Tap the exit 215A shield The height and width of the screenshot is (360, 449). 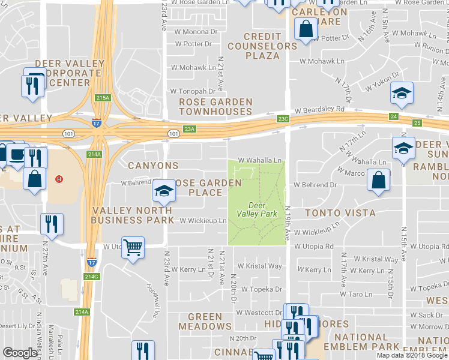(103, 97)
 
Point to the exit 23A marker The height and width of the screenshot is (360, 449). (190, 128)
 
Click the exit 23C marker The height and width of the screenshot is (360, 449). (283, 119)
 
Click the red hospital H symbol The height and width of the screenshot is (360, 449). (59, 179)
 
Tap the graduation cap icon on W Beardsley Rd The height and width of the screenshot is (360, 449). (402, 94)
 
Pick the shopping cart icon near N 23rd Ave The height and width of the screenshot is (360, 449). (133, 247)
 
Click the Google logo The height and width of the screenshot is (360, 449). (20, 353)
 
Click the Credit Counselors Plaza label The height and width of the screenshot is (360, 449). (262, 46)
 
